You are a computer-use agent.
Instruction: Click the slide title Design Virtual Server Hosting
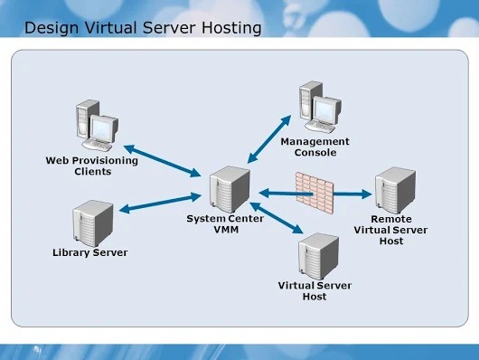click(x=143, y=28)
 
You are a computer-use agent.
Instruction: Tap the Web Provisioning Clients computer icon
click(x=95, y=130)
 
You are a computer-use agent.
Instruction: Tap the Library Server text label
click(x=90, y=252)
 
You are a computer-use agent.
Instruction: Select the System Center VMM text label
click(x=225, y=223)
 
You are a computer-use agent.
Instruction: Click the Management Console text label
click(x=315, y=147)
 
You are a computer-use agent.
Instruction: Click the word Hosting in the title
click(x=230, y=28)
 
